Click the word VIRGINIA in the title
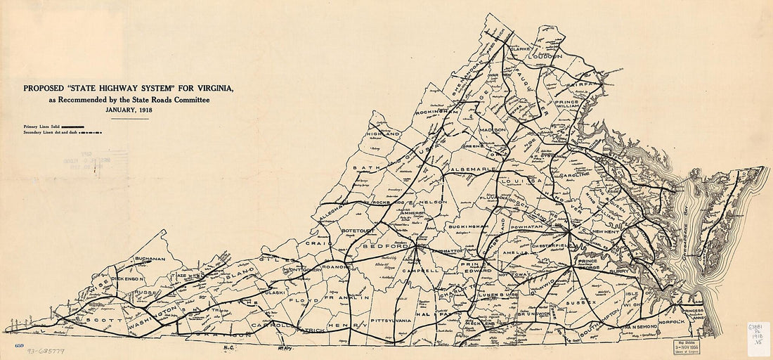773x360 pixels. point(212,89)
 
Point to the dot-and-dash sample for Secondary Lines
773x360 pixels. point(91,131)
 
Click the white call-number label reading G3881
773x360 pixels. point(759,335)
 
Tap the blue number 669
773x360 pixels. point(19,346)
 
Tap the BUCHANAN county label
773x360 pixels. point(149,259)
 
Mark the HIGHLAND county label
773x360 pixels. point(383,134)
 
